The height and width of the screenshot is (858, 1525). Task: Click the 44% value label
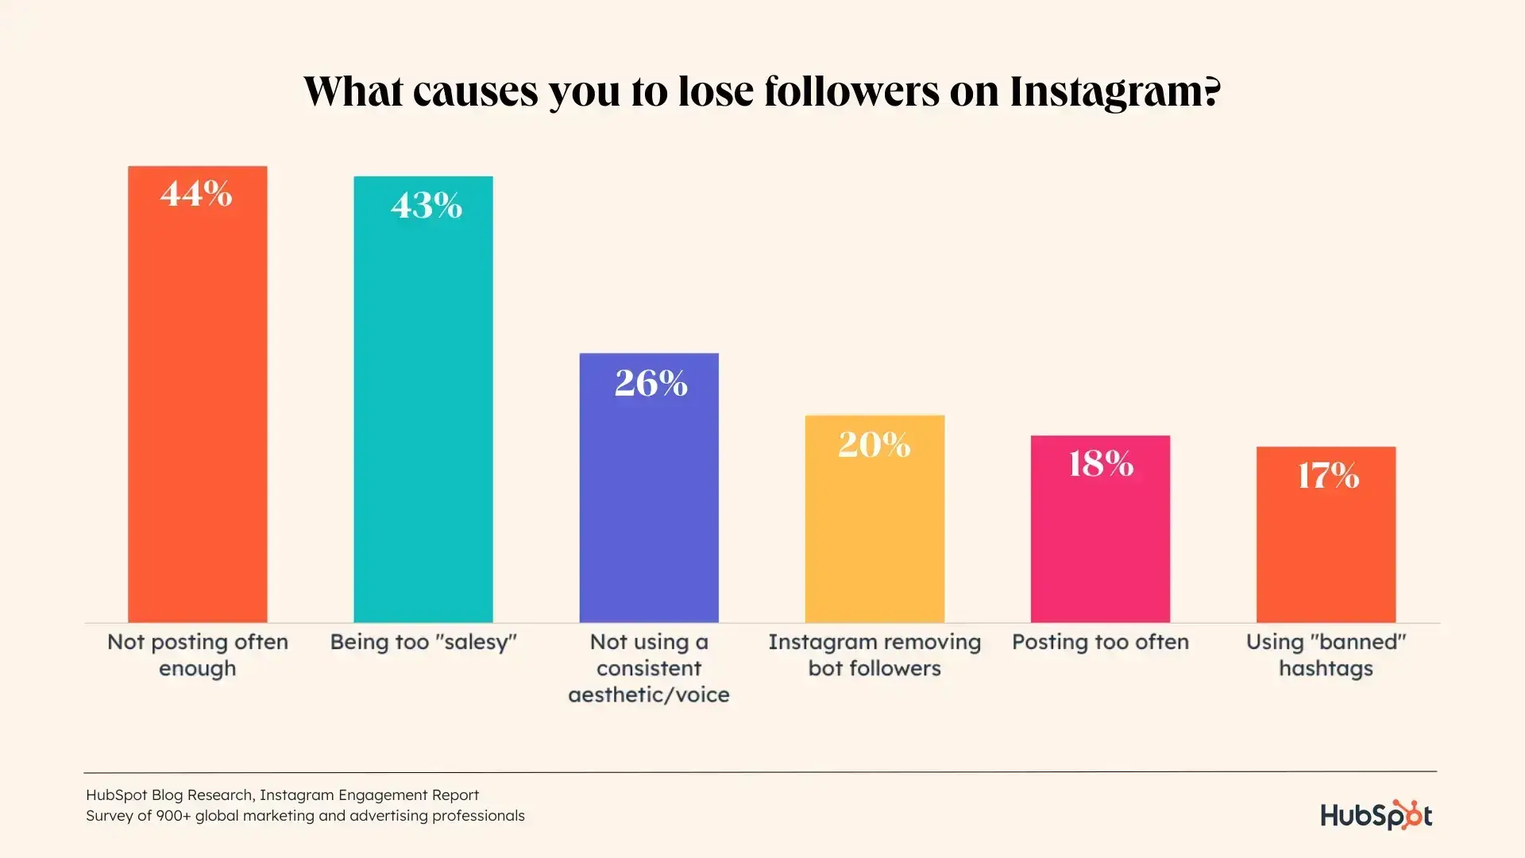tap(196, 194)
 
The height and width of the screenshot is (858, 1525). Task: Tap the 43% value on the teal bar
tap(426, 206)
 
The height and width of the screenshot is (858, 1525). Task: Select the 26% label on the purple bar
tap(651, 383)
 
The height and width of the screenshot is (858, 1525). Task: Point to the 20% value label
tap(874, 444)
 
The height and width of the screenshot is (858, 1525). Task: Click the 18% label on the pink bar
tap(1100, 464)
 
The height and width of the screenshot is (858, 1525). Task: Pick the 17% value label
tap(1327, 476)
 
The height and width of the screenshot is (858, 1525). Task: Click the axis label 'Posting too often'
tap(1100, 642)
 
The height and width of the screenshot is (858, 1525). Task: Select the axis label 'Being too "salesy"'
tap(423, 642)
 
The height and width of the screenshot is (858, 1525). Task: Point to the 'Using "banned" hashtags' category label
tap(1326, 655)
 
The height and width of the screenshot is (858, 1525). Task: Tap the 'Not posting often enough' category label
tap(198, 655)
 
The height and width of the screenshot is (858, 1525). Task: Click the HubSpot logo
tap(1376, 815)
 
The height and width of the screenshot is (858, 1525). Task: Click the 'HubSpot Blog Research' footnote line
tap(282, 794)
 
